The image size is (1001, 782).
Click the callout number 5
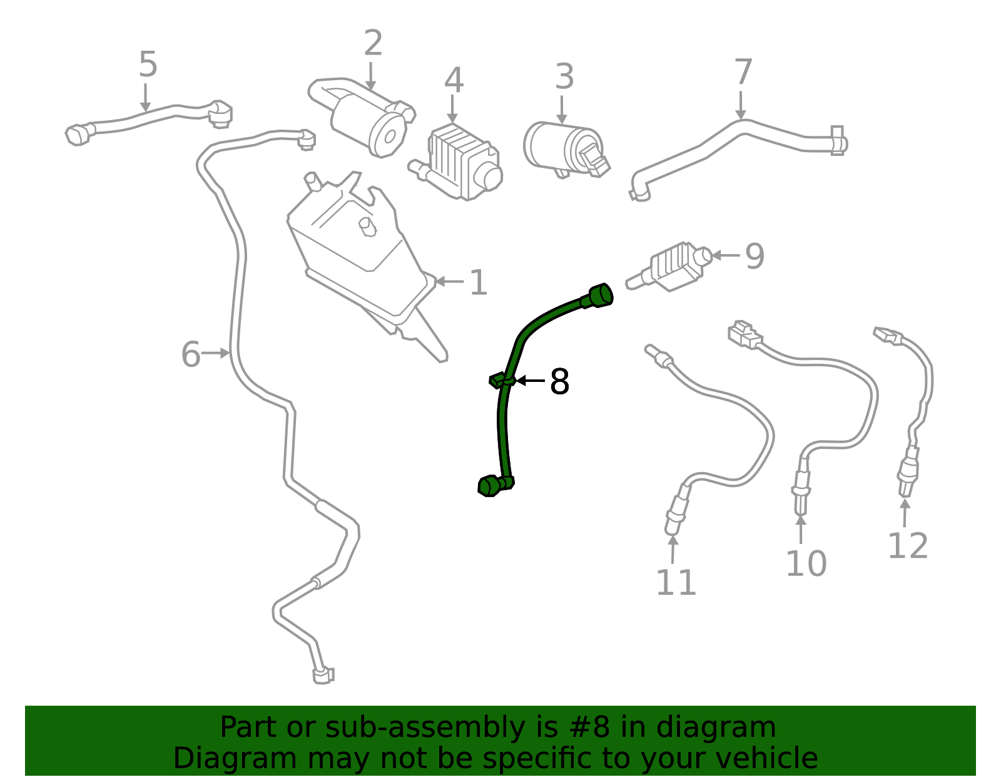point(148,64)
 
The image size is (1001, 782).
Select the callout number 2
point(373,43)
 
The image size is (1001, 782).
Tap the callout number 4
point(454,81)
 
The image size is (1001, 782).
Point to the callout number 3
point(564,76)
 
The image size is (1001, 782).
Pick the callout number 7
point(743,72)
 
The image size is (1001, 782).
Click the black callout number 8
point(560,381)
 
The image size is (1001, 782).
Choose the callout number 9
point(755,256)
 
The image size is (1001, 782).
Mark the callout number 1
point(478,282)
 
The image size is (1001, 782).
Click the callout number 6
point(191,354)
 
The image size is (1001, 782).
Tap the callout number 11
point(676,582)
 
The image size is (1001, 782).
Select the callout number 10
point(806,563)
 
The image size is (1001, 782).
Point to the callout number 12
point(908,545)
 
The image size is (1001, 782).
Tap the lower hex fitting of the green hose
point(490,486)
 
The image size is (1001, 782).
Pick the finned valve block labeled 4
point(460,162)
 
